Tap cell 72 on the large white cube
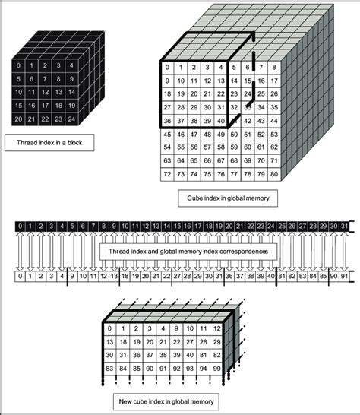[166, 175]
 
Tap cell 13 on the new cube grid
[110, 321]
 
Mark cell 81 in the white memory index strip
[280, 277]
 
